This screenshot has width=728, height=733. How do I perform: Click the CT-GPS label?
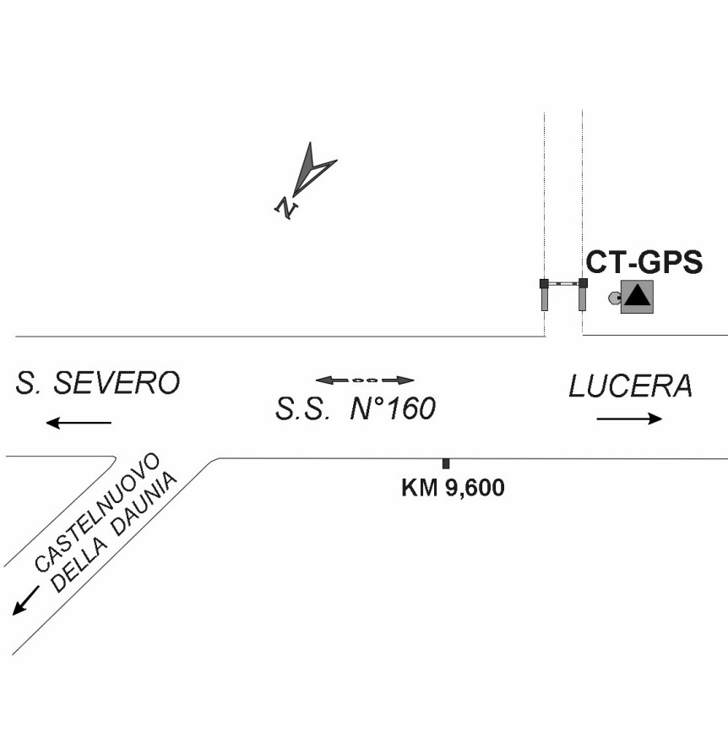pyautogui.click(x=644, y=262)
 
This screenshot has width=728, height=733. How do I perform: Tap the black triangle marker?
pyautogui.click(x=637, y=295)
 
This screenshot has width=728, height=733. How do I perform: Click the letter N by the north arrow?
pyautogui.click(x=285, y=208)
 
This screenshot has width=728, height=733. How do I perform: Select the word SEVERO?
pyautogui.click(x=117, y=383)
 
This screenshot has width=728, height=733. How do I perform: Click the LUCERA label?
pyautogui.click(x=630, y=386)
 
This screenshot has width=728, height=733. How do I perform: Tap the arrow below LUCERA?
pyautogui.click(x=629, y=418)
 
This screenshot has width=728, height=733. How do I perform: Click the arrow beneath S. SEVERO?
pyautogui.click(x=79, y=423)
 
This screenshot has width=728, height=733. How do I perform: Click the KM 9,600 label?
pyautogui.click(x=453, y=488)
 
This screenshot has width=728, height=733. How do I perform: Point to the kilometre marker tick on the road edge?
pyautogui.click(x=446, y=464)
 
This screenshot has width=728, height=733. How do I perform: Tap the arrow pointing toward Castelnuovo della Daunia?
pyautogui.click(x=25, y=600)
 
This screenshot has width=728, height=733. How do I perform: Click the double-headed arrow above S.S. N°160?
pyautogui.click(x=365, y=380)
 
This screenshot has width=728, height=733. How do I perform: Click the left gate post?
pyautogui.click(x=544, y=294)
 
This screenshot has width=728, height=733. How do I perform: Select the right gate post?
pyautogui.click(x=582, y=294)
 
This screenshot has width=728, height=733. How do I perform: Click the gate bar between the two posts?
pyautogui.click(x=563, y=283)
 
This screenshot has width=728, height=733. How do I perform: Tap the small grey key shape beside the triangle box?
pyautogui.click(x=615, y=298)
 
